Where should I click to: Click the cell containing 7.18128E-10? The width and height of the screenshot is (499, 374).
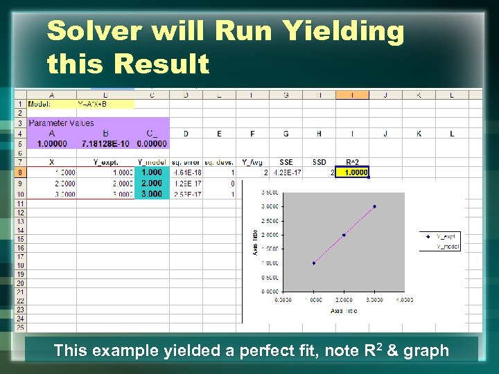pos(105,143)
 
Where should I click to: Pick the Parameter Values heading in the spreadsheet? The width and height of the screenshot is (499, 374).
pos(61,123)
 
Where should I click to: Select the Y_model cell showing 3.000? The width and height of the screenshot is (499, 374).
pos(152,195)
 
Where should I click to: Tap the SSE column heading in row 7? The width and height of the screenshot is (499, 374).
pos(286,162)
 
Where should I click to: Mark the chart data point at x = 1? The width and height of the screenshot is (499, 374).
pos(314,263)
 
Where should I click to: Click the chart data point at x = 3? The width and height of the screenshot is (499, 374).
pos(374,206)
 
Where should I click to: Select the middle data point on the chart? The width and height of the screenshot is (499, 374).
pos(344,235)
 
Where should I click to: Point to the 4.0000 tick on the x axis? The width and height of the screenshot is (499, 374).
pos(404,300)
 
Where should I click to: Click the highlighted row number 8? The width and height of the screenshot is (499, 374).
pos(21,172)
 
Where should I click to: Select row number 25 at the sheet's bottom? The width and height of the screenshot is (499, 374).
pos(21,327)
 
